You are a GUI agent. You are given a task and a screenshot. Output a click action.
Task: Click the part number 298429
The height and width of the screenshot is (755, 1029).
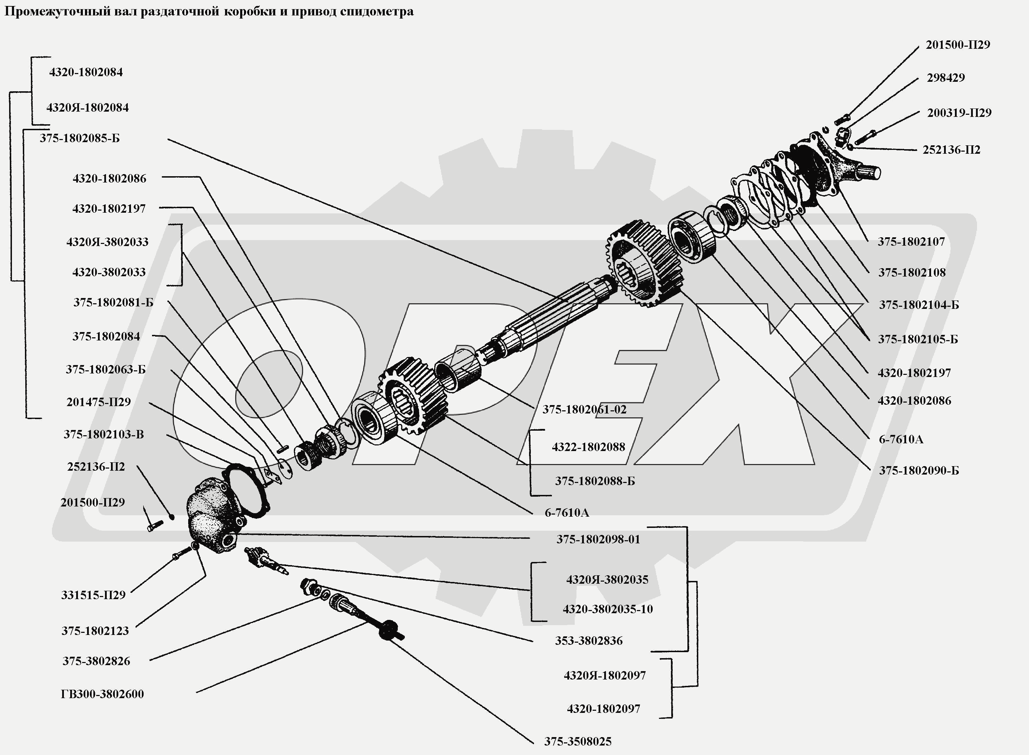945,78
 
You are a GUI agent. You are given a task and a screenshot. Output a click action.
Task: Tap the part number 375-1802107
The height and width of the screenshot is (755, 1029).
911,242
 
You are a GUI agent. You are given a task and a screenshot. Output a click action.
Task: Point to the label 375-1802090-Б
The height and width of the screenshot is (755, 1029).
918,470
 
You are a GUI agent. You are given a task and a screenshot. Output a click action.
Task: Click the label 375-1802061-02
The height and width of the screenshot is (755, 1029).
584,410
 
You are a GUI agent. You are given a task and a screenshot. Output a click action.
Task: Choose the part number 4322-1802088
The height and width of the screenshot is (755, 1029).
588,447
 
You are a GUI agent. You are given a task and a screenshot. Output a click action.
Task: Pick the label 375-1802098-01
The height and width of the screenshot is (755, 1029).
598,539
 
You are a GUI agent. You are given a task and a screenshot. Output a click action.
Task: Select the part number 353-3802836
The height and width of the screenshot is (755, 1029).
589,641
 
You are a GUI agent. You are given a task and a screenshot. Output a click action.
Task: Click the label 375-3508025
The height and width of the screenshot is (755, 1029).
578,741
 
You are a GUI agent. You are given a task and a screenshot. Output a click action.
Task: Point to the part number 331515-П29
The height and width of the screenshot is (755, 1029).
93,595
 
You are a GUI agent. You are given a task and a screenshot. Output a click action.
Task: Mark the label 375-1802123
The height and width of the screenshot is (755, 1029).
95,631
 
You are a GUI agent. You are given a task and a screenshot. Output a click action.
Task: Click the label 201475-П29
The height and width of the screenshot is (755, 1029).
98,402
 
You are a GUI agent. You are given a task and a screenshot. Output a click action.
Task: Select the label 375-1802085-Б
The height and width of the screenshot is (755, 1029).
80,138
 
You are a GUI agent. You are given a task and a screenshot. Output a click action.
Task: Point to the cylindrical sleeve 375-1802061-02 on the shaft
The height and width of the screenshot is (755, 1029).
457,368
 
